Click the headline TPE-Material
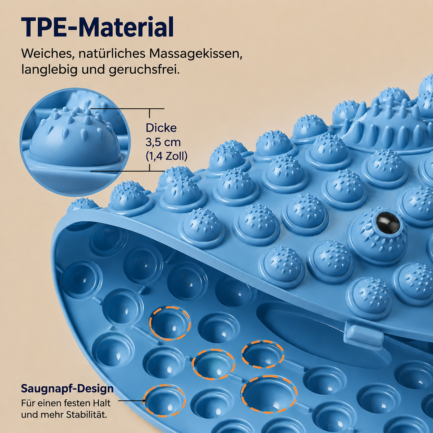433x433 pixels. (x=97, y=27)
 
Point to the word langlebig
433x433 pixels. (x=49, y=70)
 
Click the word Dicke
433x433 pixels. (x=161, y=128)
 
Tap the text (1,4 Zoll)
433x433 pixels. (x=166, y=157)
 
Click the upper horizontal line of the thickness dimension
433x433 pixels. (x=127, y=109)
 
